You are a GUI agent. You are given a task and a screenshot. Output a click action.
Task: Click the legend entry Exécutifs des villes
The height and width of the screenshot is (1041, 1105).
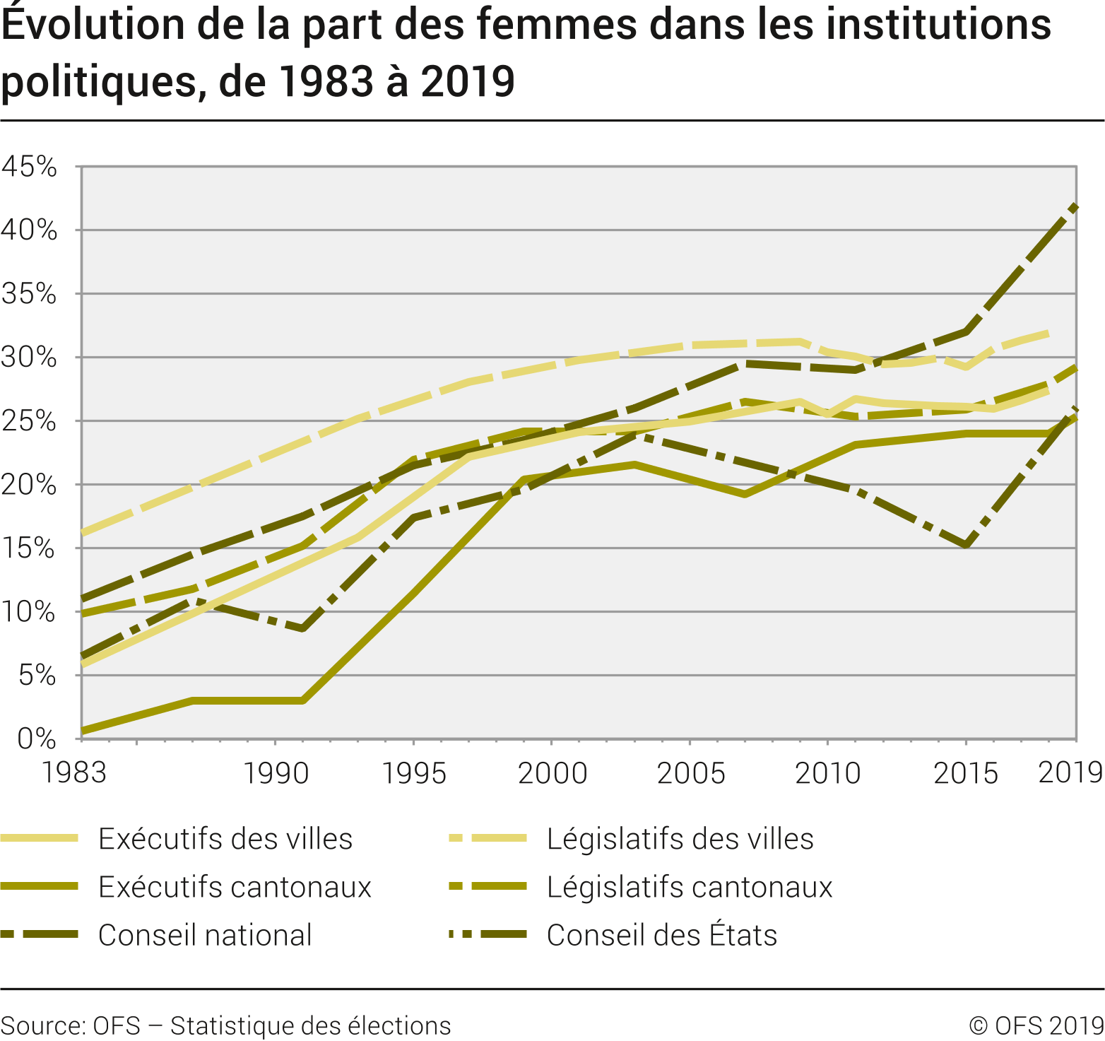(x=225, y=839)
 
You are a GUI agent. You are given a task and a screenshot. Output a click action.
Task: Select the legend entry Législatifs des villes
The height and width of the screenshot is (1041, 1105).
(x=680, y=839)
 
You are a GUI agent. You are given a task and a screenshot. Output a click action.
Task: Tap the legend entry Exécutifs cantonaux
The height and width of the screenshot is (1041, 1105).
(x=235, y=887)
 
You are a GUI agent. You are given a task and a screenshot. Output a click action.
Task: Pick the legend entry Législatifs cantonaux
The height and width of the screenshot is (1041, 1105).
(x=690, y=887)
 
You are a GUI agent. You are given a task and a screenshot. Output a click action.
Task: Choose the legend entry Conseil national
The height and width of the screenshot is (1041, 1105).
(x=205, y=935)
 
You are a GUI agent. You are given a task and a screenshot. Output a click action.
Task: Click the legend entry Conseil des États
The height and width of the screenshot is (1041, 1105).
(x=661, y=935)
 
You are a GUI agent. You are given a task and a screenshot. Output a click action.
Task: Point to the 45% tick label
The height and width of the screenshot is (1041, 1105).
(x=29, y=167)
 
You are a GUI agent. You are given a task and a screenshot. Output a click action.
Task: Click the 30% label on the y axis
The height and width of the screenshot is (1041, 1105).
(x=29, y=358)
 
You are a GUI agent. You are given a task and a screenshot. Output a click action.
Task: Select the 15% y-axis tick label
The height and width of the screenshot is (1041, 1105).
(x=29, y=548)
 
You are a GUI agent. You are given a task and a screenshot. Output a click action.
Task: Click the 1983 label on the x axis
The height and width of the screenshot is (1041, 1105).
(x=74, y=773)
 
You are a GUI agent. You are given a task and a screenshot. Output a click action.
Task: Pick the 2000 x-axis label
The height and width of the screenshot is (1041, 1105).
(x=552, y=773)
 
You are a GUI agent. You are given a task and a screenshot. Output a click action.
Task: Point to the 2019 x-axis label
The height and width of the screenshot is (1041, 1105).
(x=1070, y=773)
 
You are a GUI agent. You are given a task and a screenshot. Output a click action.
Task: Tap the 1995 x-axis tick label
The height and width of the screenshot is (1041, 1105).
(x=414, y=773)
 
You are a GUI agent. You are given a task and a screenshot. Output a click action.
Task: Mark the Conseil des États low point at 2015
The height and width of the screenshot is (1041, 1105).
(x=966, y=545)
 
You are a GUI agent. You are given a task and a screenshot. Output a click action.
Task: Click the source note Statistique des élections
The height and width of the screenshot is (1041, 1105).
(x=310, y=1025)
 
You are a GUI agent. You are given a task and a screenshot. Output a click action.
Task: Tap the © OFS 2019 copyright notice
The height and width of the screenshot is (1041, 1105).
(x=1036, y=1025)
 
